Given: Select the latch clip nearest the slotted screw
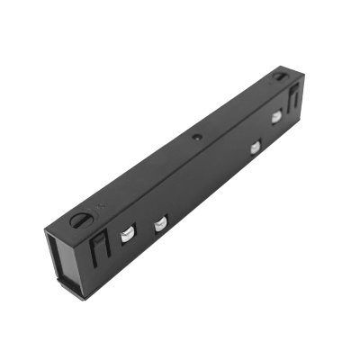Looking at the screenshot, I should [x=100, y=247].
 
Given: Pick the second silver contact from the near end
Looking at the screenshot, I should [x=160, y=223].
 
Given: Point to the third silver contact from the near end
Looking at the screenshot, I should [x=256, y=147].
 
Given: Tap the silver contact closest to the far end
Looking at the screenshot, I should [x=276, y=118].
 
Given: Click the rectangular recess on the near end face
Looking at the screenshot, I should [x=64, y=261].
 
